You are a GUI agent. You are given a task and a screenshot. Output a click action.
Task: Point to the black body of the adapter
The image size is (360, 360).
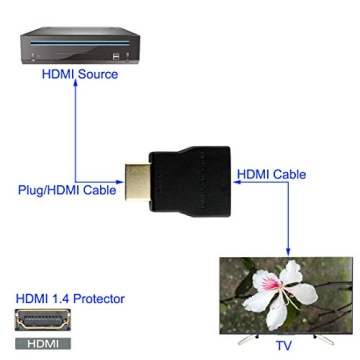190,184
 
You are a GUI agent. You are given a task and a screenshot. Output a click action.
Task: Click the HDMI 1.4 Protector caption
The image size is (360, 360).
70,299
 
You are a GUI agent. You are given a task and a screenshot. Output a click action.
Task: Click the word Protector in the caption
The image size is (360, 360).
100,299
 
